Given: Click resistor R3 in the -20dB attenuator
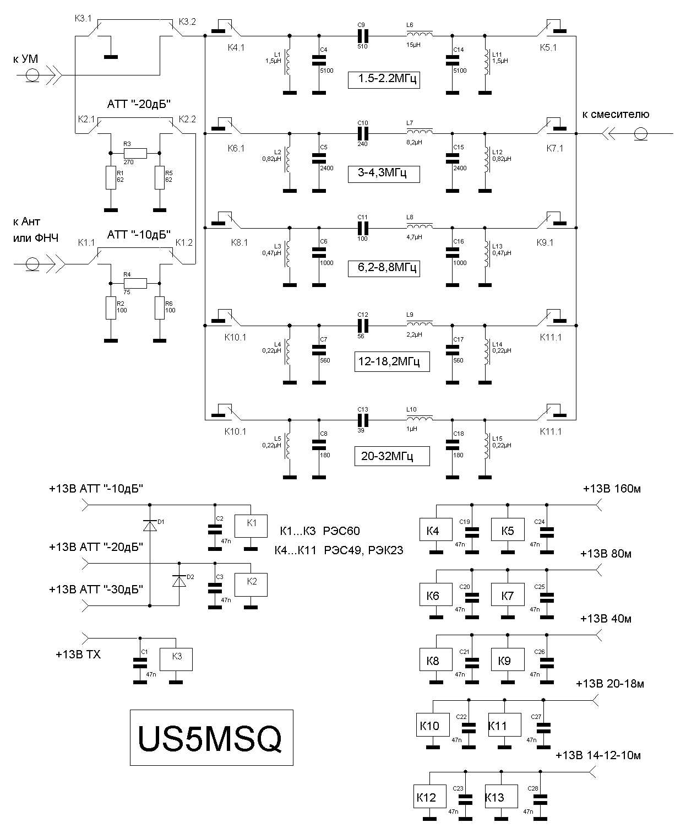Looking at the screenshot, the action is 135,153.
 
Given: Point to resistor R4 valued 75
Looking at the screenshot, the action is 135,283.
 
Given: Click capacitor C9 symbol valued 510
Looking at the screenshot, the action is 362,36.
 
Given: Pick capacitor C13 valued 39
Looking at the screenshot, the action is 362,420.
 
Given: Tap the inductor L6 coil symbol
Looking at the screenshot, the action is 420,34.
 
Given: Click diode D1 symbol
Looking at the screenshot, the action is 150,526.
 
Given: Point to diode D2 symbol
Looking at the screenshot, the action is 179,581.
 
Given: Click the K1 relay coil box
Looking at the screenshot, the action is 251,526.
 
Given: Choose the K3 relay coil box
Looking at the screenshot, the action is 176,659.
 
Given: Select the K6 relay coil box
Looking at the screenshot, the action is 436,595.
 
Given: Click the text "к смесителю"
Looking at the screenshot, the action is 616,115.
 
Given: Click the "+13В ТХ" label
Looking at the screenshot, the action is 78,654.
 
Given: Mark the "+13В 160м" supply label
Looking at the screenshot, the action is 612,489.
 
